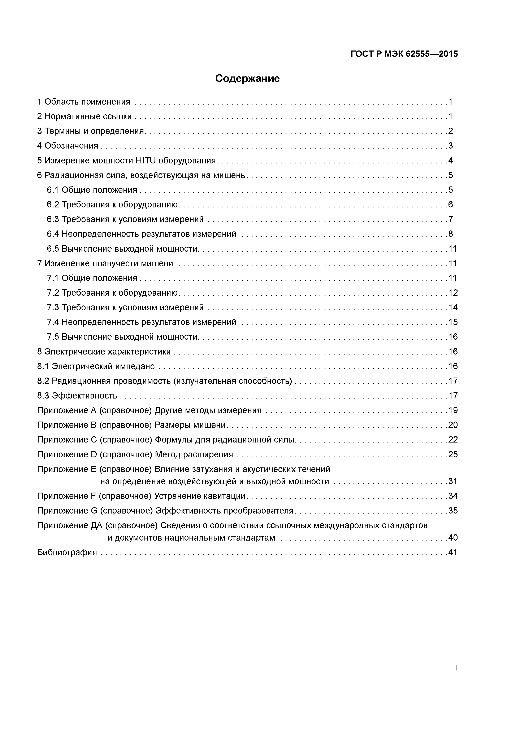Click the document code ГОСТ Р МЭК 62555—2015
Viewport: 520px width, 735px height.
(x=404, y=54)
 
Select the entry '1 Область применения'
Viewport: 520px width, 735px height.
(x=84, y=102)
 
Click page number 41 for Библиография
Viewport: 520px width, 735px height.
(x=453, y=553)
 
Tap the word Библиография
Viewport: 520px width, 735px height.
(x=67, y=553)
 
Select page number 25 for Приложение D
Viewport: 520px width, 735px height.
(x=453, y=455)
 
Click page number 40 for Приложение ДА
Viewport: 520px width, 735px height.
(x=453, y=538)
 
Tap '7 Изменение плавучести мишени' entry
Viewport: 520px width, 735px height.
(x=105, y=263)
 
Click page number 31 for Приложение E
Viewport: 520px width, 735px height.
(x=453, y=481)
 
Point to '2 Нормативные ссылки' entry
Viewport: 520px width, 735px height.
(x=84, y=116)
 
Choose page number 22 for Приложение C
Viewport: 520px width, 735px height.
(x=453, y=440)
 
